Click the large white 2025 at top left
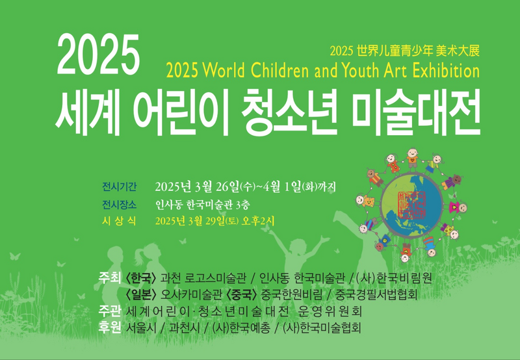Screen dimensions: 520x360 (x=99, y=55)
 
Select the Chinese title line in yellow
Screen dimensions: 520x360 (x=404, y=51)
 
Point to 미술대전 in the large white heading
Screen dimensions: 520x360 (x=416, y=112)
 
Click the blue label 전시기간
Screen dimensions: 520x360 (x=119, y=187)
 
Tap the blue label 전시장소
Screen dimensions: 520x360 (x=119, y=205)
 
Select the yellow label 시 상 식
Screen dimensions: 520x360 (x=119, y=221)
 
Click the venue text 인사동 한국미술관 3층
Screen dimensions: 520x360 (x=203, y=205)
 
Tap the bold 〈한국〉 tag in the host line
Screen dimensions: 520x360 (x=140, y=279)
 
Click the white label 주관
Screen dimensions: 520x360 (x=109, y=311)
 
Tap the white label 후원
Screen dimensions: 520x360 (x=109, y=328)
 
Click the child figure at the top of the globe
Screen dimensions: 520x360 (x=412, y=160)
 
